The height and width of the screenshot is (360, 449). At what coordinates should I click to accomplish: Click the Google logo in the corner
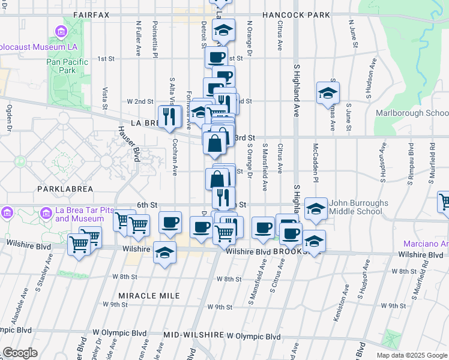click(x=20, y=353)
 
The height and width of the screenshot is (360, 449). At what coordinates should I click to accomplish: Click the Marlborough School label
click(x=412, y=113)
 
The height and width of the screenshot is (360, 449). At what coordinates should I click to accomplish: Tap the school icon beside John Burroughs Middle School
click(x=316, y=209)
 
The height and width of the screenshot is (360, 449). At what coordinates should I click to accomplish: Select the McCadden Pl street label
click(x=315, y=161)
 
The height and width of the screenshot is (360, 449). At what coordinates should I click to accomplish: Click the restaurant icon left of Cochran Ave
click(x=170, y=116)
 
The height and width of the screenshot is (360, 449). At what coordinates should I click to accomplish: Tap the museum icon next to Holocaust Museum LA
click(x=61, y=31)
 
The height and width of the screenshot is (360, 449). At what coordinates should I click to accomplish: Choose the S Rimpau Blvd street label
click(x=412, y=166)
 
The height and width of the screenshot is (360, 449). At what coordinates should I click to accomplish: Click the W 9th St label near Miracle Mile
click(x=116, y=305)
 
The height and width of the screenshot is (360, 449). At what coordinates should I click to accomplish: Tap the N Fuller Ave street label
click(x=139, y=40)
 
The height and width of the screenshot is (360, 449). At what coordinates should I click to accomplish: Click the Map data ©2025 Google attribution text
click(x=412, y=355)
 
